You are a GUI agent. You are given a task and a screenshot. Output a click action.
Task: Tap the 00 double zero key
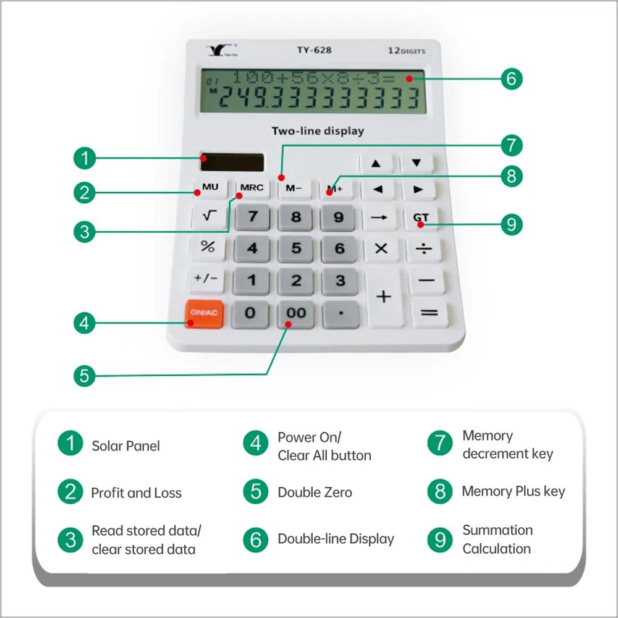pyautogui.click(x=296, y=313)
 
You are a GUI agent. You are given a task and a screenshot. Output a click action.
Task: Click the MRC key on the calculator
pyautogui.click(x=252, y=188)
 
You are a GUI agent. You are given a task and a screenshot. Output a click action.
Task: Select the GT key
pyautogui.click(x=421, y=218)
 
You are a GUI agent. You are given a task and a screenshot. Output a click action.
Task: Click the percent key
pyautogui.click(x=208, y=247)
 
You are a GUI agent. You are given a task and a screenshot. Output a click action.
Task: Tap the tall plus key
pyautogui.click(x=384, y=297)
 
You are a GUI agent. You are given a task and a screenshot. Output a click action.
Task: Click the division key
pyautogui.click(x=424, y=248)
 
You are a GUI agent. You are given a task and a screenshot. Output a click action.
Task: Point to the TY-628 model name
pyautogui.click(x=314, y=50)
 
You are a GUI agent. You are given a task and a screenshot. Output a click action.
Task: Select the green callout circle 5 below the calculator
pyautogui.click(x=85, y=376)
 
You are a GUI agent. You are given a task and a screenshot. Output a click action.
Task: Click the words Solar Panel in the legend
pyautogui.click(x=125, y=446)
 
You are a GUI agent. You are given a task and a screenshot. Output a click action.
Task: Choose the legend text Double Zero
pyautogui.click(x=315, y=493)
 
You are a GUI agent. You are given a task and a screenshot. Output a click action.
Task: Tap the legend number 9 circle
pyautogui.click(x=440, y=540)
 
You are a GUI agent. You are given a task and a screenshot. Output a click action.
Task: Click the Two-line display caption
pyautogui.click(x=318, y=131)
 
